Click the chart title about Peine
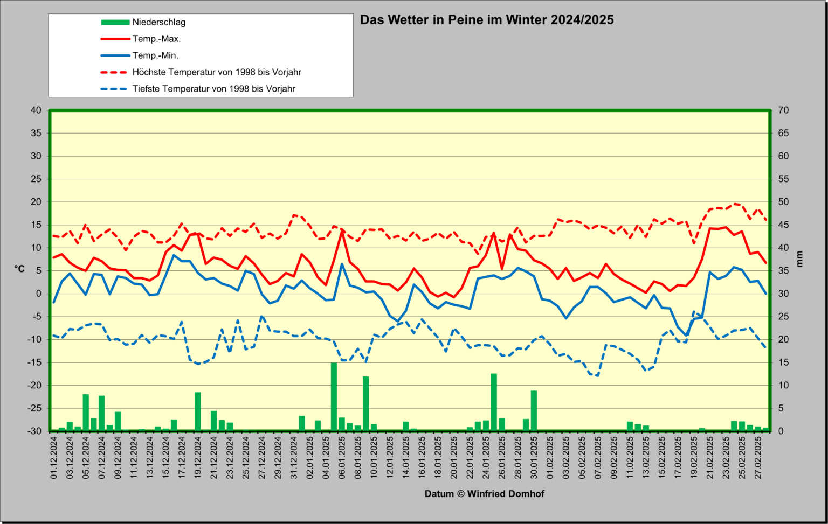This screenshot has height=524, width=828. pyautogui.click(x=487, y=20)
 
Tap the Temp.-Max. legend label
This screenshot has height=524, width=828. pyautogui.click(x=157, y=39)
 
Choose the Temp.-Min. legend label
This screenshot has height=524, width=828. pyautogui.click(x=156, y=55)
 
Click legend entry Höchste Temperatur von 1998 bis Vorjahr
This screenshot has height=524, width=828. pyautogui.click(x=217, y=72)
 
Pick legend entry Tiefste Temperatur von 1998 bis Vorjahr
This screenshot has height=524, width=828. pyautogui.click(x=214, y=89)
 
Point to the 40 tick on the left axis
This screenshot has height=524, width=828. pyautogui.click(x=36, y=110)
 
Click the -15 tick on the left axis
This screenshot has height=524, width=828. pyautogui.click(x=34, y=362)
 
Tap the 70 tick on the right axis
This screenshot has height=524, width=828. pyautogui.click(x=783, y=110)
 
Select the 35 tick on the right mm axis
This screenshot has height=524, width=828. pyautogui.click(x=783, y=271)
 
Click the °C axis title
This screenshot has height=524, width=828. pyautogui.click(x=19, y=269)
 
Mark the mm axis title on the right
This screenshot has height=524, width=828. pyautogui.click(x=799, y=259)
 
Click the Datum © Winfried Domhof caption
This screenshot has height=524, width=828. pyautogui.click(x=484, y=494)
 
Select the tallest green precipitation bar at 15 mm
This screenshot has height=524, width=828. pyautogui.click(x=334, y=396)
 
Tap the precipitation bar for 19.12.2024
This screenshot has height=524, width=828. pyautogui.click(x=198, y=411)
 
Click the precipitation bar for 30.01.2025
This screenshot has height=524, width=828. pyautogui.click(x=534, y=410)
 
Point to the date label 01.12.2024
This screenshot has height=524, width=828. pyautogui.click(x=54, y=458)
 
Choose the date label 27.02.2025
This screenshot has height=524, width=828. pyautogui.click(x=758, y=458)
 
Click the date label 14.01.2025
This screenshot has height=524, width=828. pyautogui.click(x=406, y=458)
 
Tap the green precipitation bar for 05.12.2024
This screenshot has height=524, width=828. pyautogui.click(x=86, y=413)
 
